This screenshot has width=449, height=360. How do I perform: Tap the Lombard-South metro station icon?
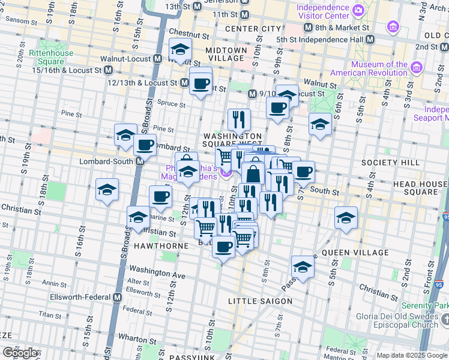(139, 161)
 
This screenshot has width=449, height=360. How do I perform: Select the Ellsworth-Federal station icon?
(116, 297)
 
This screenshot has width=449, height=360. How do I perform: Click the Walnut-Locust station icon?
(157, 59)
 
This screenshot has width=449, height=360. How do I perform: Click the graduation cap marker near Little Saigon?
(303, 267)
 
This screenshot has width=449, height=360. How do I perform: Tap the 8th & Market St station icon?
(309, 28)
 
